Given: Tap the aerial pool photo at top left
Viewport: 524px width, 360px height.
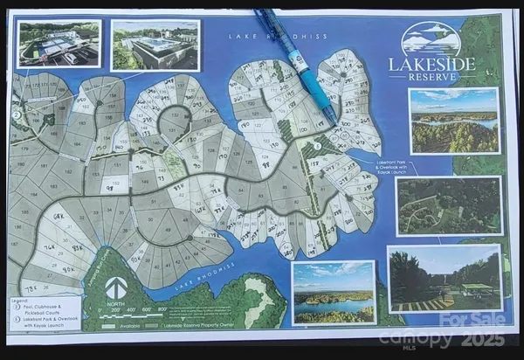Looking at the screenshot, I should (59, 45).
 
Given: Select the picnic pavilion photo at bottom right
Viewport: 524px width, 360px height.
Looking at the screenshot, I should (445, 277).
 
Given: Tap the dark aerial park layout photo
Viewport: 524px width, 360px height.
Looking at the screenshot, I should (448, 206).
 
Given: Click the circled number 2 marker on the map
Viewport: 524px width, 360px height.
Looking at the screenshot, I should (16, 113).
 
